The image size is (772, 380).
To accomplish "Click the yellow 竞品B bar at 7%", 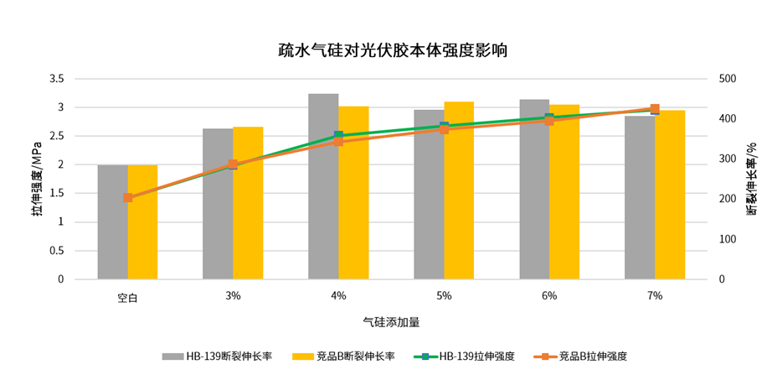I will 670,197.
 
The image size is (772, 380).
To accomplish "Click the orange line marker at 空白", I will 128,198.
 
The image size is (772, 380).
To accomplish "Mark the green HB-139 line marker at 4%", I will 338,136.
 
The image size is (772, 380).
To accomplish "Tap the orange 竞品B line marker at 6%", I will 549,121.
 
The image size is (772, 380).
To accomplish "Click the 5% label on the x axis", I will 444,295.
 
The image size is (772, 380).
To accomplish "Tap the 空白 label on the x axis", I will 127,296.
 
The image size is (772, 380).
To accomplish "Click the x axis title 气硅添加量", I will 391,321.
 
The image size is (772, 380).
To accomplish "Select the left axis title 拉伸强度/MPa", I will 37,180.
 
